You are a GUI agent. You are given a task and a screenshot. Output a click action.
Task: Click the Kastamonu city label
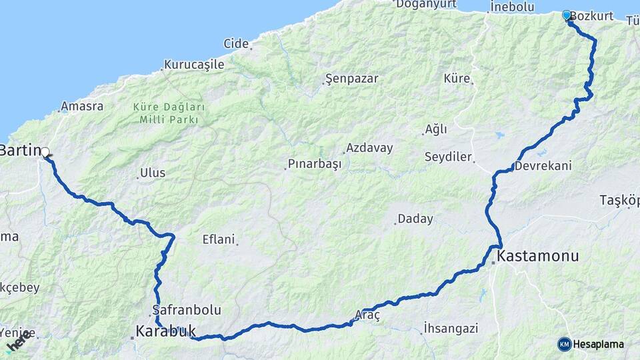click(538, 256)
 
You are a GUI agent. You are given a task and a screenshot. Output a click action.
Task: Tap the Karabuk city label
click(165, 331)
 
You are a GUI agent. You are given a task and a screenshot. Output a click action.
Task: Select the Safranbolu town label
click(187, 310)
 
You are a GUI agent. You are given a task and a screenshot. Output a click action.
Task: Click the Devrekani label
click(543, 165)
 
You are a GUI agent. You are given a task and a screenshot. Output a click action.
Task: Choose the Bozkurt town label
click(592, 16)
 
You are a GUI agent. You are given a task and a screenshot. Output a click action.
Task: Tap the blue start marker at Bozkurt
click(567, 15)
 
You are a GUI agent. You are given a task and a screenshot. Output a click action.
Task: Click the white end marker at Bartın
click(45, 152)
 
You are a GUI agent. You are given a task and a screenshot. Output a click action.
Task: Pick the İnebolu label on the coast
click(512, 7)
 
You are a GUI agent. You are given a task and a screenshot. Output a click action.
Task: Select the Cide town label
click(236, 44)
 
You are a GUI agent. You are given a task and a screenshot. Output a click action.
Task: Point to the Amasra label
click(82, 107)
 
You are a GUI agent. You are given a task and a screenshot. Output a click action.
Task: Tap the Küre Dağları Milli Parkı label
click(169, 113)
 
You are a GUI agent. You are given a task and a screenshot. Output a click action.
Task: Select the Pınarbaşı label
click(314, 164)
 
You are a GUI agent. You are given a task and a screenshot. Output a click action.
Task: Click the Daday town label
click(415, 219)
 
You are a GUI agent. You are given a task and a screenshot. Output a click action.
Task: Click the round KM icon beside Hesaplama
click(565, 344)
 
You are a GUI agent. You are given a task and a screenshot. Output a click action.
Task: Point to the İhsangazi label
click(451, 327)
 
